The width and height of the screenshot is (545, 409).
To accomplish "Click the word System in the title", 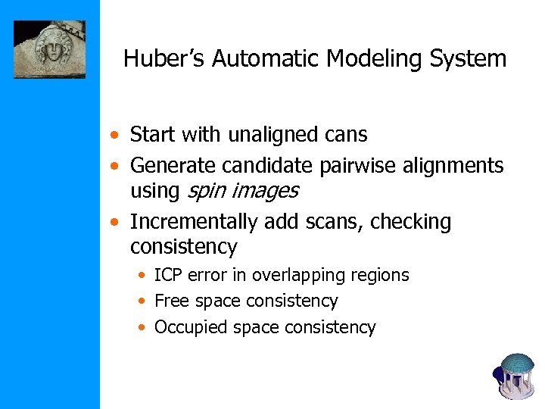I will [x=470, y=58].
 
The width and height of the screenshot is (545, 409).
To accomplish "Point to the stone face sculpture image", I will [x=49, y=49].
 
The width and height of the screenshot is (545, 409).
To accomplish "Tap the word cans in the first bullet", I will [x=345, y=135].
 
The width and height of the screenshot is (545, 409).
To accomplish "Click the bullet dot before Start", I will [x=113, y=136].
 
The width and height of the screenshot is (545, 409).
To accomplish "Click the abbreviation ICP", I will [x=170, y=275].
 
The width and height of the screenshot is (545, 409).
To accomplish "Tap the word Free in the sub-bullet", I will [x=172, y=301].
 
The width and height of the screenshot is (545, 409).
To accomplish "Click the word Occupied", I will [x=192, y=327].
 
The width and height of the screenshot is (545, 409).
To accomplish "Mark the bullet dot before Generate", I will [x=113, y=166].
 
